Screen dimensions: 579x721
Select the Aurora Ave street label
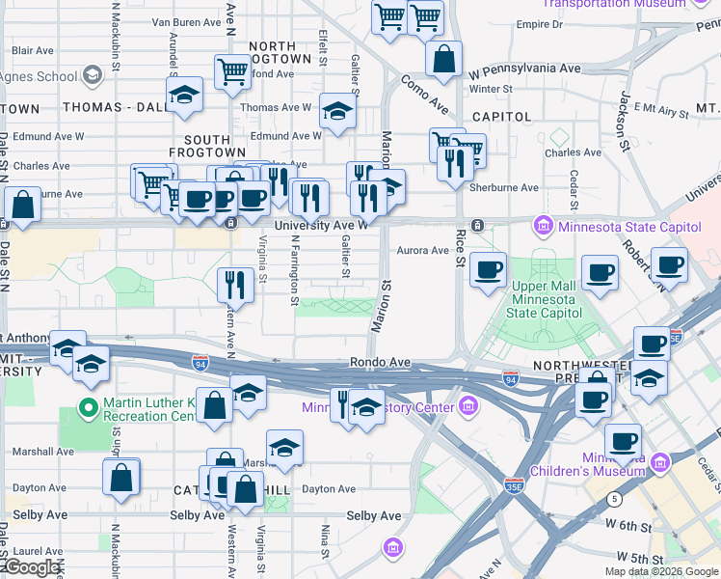pos(423,251)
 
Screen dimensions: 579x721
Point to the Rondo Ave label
pos(380,363)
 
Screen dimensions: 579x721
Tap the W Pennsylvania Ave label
pos(524,69)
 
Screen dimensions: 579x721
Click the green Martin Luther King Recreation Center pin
pos(89,408)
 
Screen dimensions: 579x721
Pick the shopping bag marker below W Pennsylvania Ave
pos(443,60)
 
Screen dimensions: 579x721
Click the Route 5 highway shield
pos(614,498)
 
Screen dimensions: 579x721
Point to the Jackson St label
pos(625,115)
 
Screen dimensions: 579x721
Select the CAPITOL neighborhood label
pos(502,117)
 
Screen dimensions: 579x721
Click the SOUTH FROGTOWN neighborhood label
pos(200,146)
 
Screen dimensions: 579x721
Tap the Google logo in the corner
pos(32,568)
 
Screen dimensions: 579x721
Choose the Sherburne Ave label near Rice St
pos(503,187)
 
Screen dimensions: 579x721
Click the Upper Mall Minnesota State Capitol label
pos(544,300)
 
